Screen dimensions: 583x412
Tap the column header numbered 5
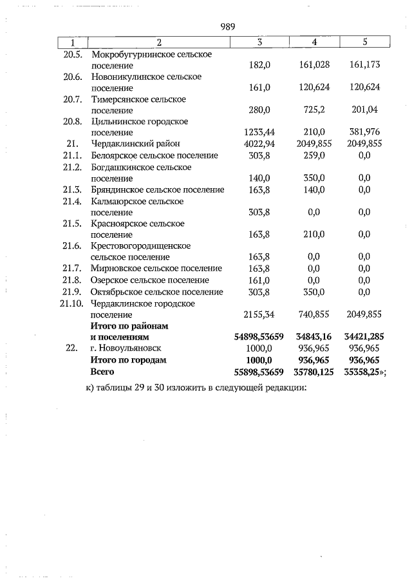[364, 42]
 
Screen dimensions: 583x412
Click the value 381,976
[364, 133]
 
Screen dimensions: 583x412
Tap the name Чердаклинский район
[135, 144]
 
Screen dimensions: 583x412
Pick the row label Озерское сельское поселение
[150, 280]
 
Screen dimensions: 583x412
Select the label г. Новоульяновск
[126, 348]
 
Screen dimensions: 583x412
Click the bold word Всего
[102, 372]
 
